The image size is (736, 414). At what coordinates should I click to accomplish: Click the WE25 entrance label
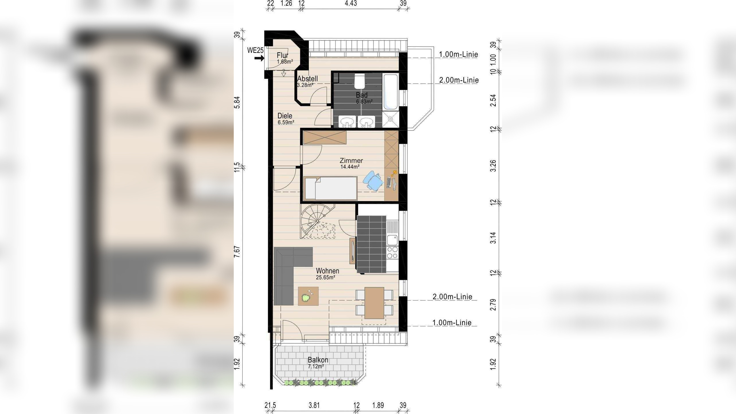(255, 50)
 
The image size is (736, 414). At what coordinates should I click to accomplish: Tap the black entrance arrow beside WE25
(259, 58)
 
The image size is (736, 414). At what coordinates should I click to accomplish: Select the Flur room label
(283, 55)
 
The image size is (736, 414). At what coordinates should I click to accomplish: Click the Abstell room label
(308, 78)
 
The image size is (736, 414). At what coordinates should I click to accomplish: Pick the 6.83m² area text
(364, 101)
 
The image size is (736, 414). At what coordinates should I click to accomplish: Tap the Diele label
(285, 116)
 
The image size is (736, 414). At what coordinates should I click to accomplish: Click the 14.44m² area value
(350, 166)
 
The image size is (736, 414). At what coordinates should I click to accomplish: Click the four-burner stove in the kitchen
(392, 253)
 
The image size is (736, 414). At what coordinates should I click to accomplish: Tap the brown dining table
(374, 303)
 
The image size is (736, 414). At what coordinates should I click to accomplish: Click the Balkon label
(318, 360)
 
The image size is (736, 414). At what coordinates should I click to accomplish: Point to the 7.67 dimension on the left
(237, 252)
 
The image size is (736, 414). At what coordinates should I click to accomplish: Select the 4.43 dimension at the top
(351, 3)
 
